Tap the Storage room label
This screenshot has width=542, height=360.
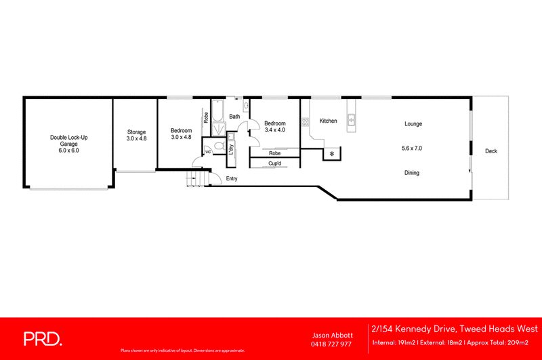click(136, 132)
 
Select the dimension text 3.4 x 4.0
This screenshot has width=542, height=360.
click(274, 129)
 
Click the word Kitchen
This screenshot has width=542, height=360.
click(329, 121)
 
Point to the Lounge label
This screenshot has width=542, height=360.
click(413, 124)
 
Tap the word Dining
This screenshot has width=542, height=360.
click(411, 173)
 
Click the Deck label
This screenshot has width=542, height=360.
click(491, 151)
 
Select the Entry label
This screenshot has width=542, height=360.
click(232, 179)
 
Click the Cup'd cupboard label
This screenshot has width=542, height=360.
click(274, 163)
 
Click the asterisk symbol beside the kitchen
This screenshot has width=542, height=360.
click(332, 155)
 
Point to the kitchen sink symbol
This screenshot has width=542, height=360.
click(352, 121)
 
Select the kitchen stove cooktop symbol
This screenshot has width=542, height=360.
click(306, 122)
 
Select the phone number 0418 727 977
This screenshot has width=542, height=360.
click(331, 344)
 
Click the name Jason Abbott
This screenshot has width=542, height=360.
click(331, 335)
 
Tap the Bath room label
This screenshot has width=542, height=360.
click(234, 117)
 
